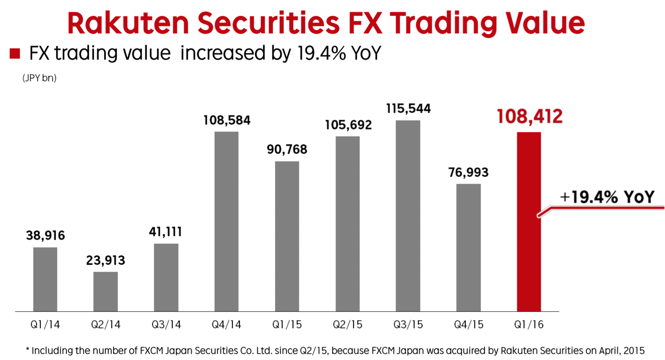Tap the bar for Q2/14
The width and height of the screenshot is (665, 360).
pos(105,291)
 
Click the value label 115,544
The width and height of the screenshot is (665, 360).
pos(408,109)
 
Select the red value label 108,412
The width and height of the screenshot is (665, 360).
pos(530,117)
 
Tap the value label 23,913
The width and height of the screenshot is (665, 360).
pos(105,261)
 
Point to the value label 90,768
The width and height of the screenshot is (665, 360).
pos(287,149)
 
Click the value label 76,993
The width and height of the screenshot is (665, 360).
pos(468,172)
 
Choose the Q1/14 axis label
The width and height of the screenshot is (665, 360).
pos(45,325)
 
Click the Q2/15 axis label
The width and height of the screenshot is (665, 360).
pos(347,325)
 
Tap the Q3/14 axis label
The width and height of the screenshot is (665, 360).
pos(166,325)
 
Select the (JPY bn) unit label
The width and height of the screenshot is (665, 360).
pos(39,78)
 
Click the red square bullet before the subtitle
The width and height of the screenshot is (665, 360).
pos(15,54)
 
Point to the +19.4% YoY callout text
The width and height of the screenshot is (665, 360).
pos(607,197)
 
